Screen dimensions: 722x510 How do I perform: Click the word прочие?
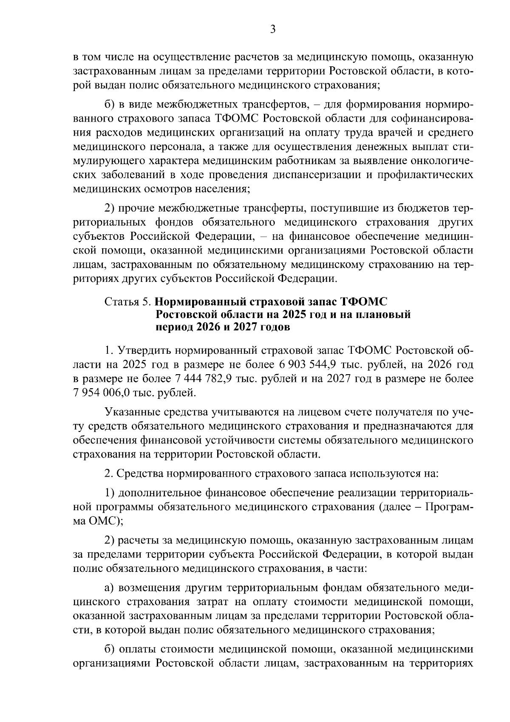136,208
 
